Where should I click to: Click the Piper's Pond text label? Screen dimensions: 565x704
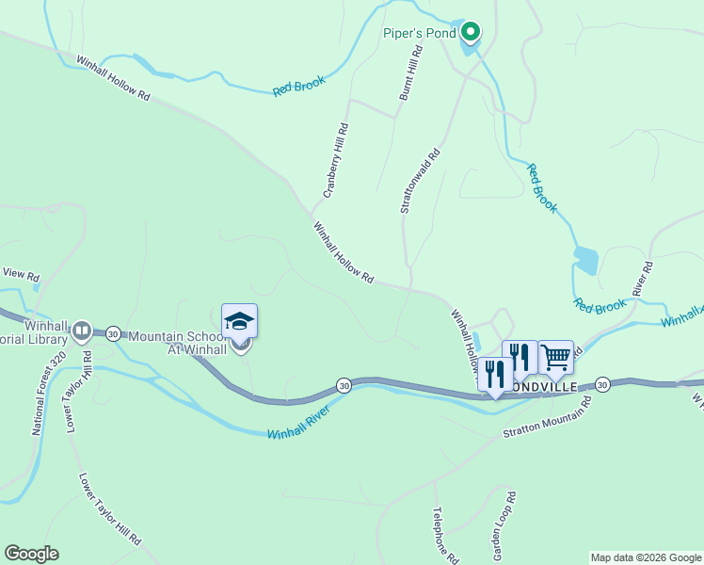coord(419,33)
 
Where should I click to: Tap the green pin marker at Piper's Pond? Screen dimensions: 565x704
coord(471,32)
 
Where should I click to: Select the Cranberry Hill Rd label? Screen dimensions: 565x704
coord(336,161)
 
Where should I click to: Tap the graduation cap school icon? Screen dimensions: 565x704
coord(239,321)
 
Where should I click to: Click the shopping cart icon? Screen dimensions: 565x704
coord(555,357)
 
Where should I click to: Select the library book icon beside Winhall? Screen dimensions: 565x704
coord(81,331)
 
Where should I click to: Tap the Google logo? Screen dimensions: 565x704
coord(31,554)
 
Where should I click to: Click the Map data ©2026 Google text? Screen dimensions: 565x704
coord(646,557)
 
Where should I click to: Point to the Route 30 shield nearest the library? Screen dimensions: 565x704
coord(113,333)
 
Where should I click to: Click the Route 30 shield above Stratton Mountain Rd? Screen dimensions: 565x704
coord(602,384)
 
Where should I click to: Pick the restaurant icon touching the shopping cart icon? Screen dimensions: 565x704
coord(520,358)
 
